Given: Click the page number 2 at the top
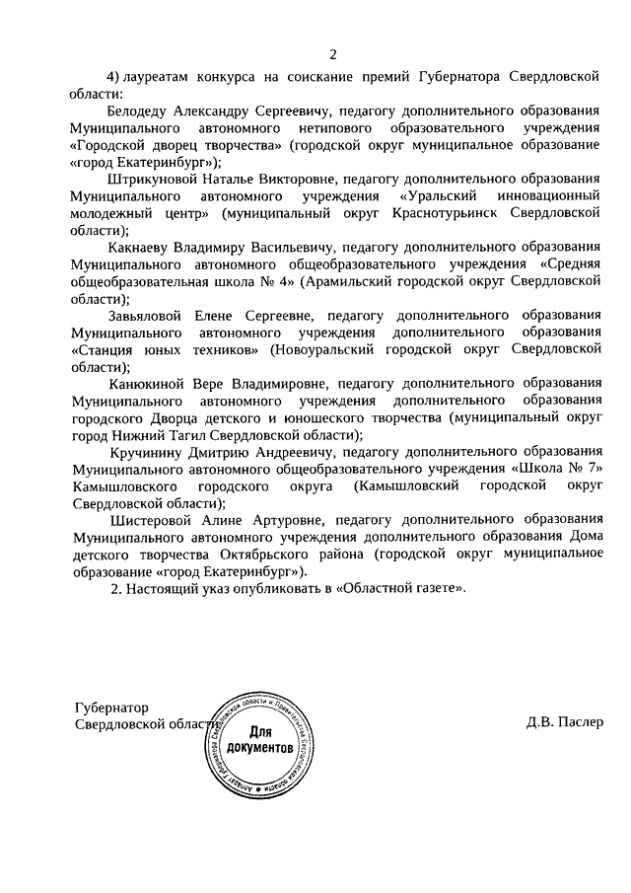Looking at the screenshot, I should tap(333, 53).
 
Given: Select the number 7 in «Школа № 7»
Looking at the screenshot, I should tap(596, 467).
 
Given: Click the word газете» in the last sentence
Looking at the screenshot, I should tap(431, 588).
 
